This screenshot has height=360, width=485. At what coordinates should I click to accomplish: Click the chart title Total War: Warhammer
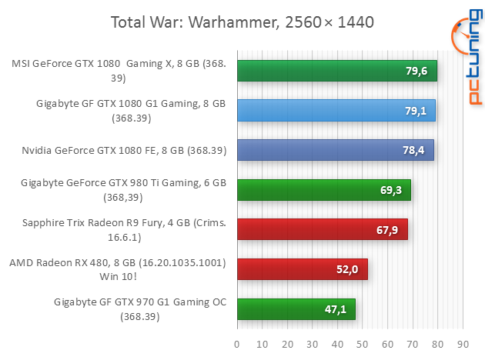point(242,22)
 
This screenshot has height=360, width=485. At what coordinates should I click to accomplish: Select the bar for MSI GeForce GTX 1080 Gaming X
point(337,71)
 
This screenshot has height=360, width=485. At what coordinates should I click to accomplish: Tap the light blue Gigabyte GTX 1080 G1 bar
point(336,110)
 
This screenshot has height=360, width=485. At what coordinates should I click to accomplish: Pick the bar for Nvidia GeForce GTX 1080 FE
point(336,150)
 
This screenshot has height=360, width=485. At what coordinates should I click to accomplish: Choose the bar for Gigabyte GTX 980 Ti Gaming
point(324,189)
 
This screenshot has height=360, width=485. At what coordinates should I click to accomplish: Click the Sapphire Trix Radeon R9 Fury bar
point(322,229)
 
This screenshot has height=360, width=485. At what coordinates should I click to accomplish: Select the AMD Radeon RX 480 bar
point(302,268)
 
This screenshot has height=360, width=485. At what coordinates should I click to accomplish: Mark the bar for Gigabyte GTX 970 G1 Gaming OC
point(296,308)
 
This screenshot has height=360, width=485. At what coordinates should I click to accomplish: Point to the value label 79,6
point(417,72)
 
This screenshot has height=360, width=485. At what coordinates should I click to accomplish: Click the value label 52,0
point(348,269)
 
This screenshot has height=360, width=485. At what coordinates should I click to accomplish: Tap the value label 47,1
point(336,309)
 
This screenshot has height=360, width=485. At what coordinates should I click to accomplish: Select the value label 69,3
point(392,190)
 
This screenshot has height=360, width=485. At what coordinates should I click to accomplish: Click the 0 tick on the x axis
point(237,343)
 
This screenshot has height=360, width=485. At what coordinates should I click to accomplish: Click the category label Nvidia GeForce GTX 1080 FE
point(124,150)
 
